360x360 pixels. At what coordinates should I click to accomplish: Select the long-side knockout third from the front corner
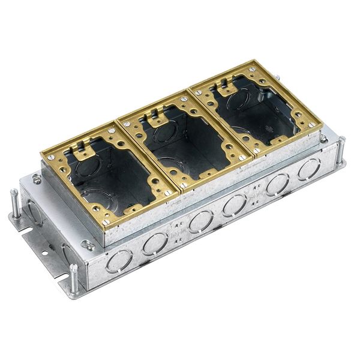click(200, 222)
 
